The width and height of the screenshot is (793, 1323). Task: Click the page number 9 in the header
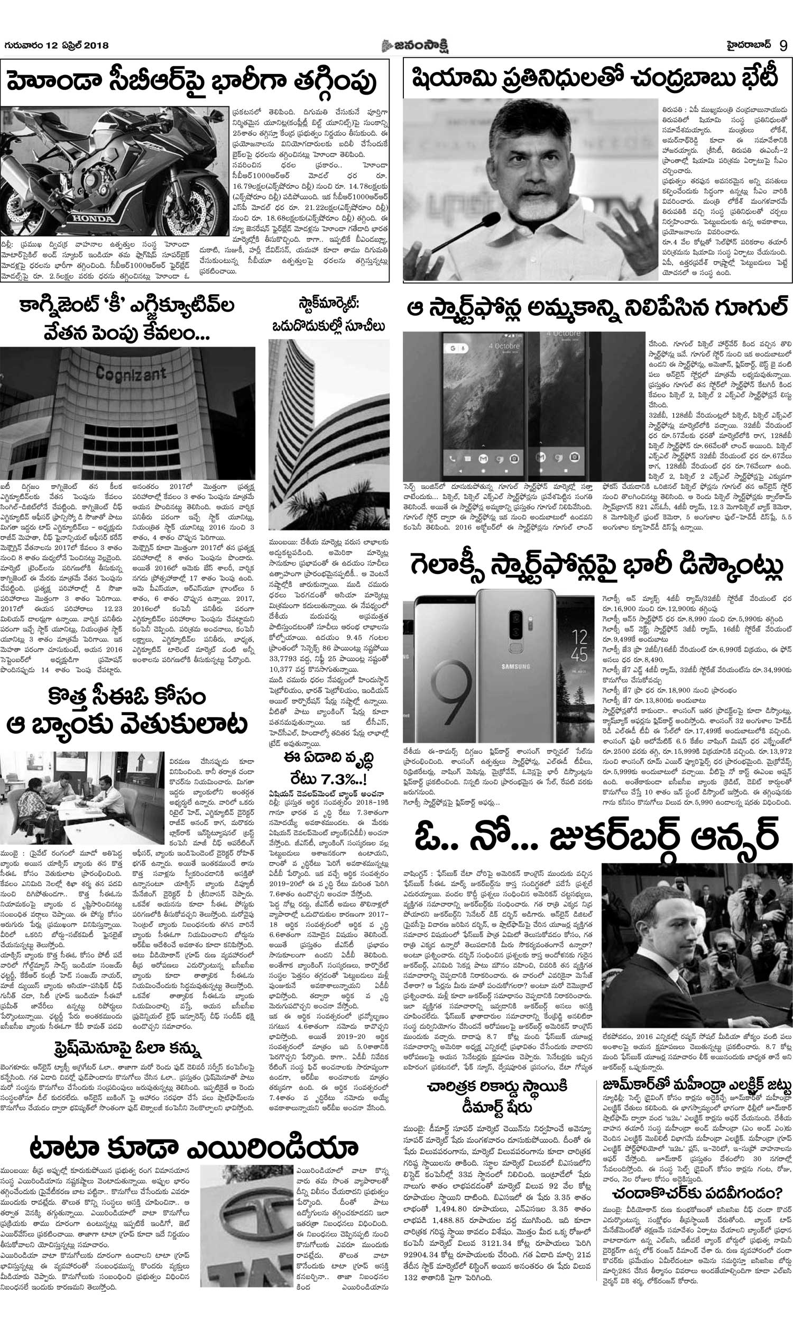click(783, 45)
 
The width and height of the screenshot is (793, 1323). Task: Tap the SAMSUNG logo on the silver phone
click(515, 666)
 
